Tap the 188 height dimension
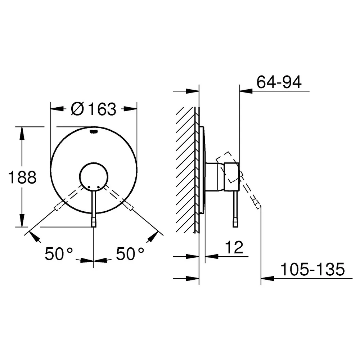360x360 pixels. point(22,177)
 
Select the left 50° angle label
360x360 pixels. point(59,254)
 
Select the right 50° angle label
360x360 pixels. point(130,254)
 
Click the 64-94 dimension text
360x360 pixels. point(279,82)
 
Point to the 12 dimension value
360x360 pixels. point(234,247)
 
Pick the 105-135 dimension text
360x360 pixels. point(312,269)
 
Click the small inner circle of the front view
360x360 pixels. point(94,177)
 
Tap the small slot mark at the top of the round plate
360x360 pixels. point(94,131)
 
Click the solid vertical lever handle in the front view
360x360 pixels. point(94,207)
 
